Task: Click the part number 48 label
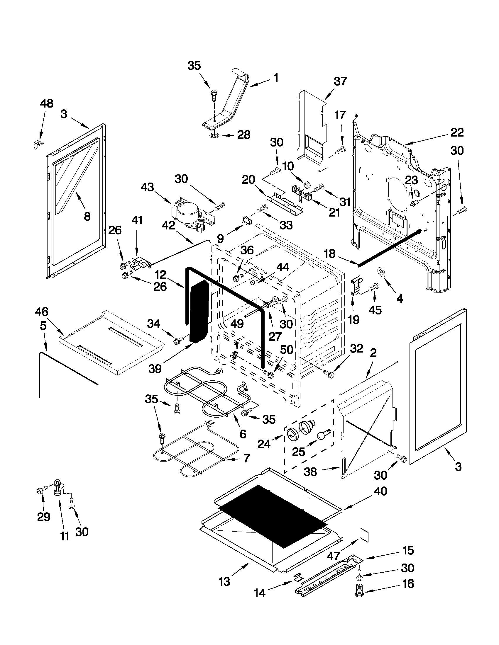[x=47, y=104]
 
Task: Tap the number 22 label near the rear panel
[x=457, y=132]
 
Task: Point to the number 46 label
[x=42, y=312]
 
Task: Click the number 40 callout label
[x=380, y=492]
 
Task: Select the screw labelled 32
[x=329, y=374]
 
